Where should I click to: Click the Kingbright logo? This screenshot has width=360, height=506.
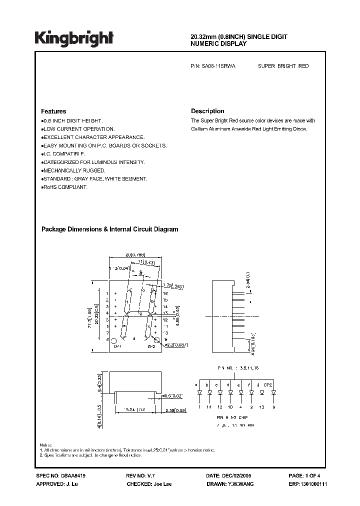point(74,38)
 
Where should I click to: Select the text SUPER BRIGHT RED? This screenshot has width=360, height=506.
point(283,66)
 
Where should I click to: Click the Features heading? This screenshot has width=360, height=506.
point(53,111)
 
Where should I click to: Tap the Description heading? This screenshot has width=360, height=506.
point(207,111)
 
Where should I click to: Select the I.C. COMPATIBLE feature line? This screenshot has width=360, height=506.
point(63,154)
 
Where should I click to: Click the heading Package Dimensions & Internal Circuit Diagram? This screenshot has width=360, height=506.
point(109,229)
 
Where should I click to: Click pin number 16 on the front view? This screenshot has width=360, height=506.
point(165,294)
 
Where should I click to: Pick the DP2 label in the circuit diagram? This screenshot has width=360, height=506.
point(268,384)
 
